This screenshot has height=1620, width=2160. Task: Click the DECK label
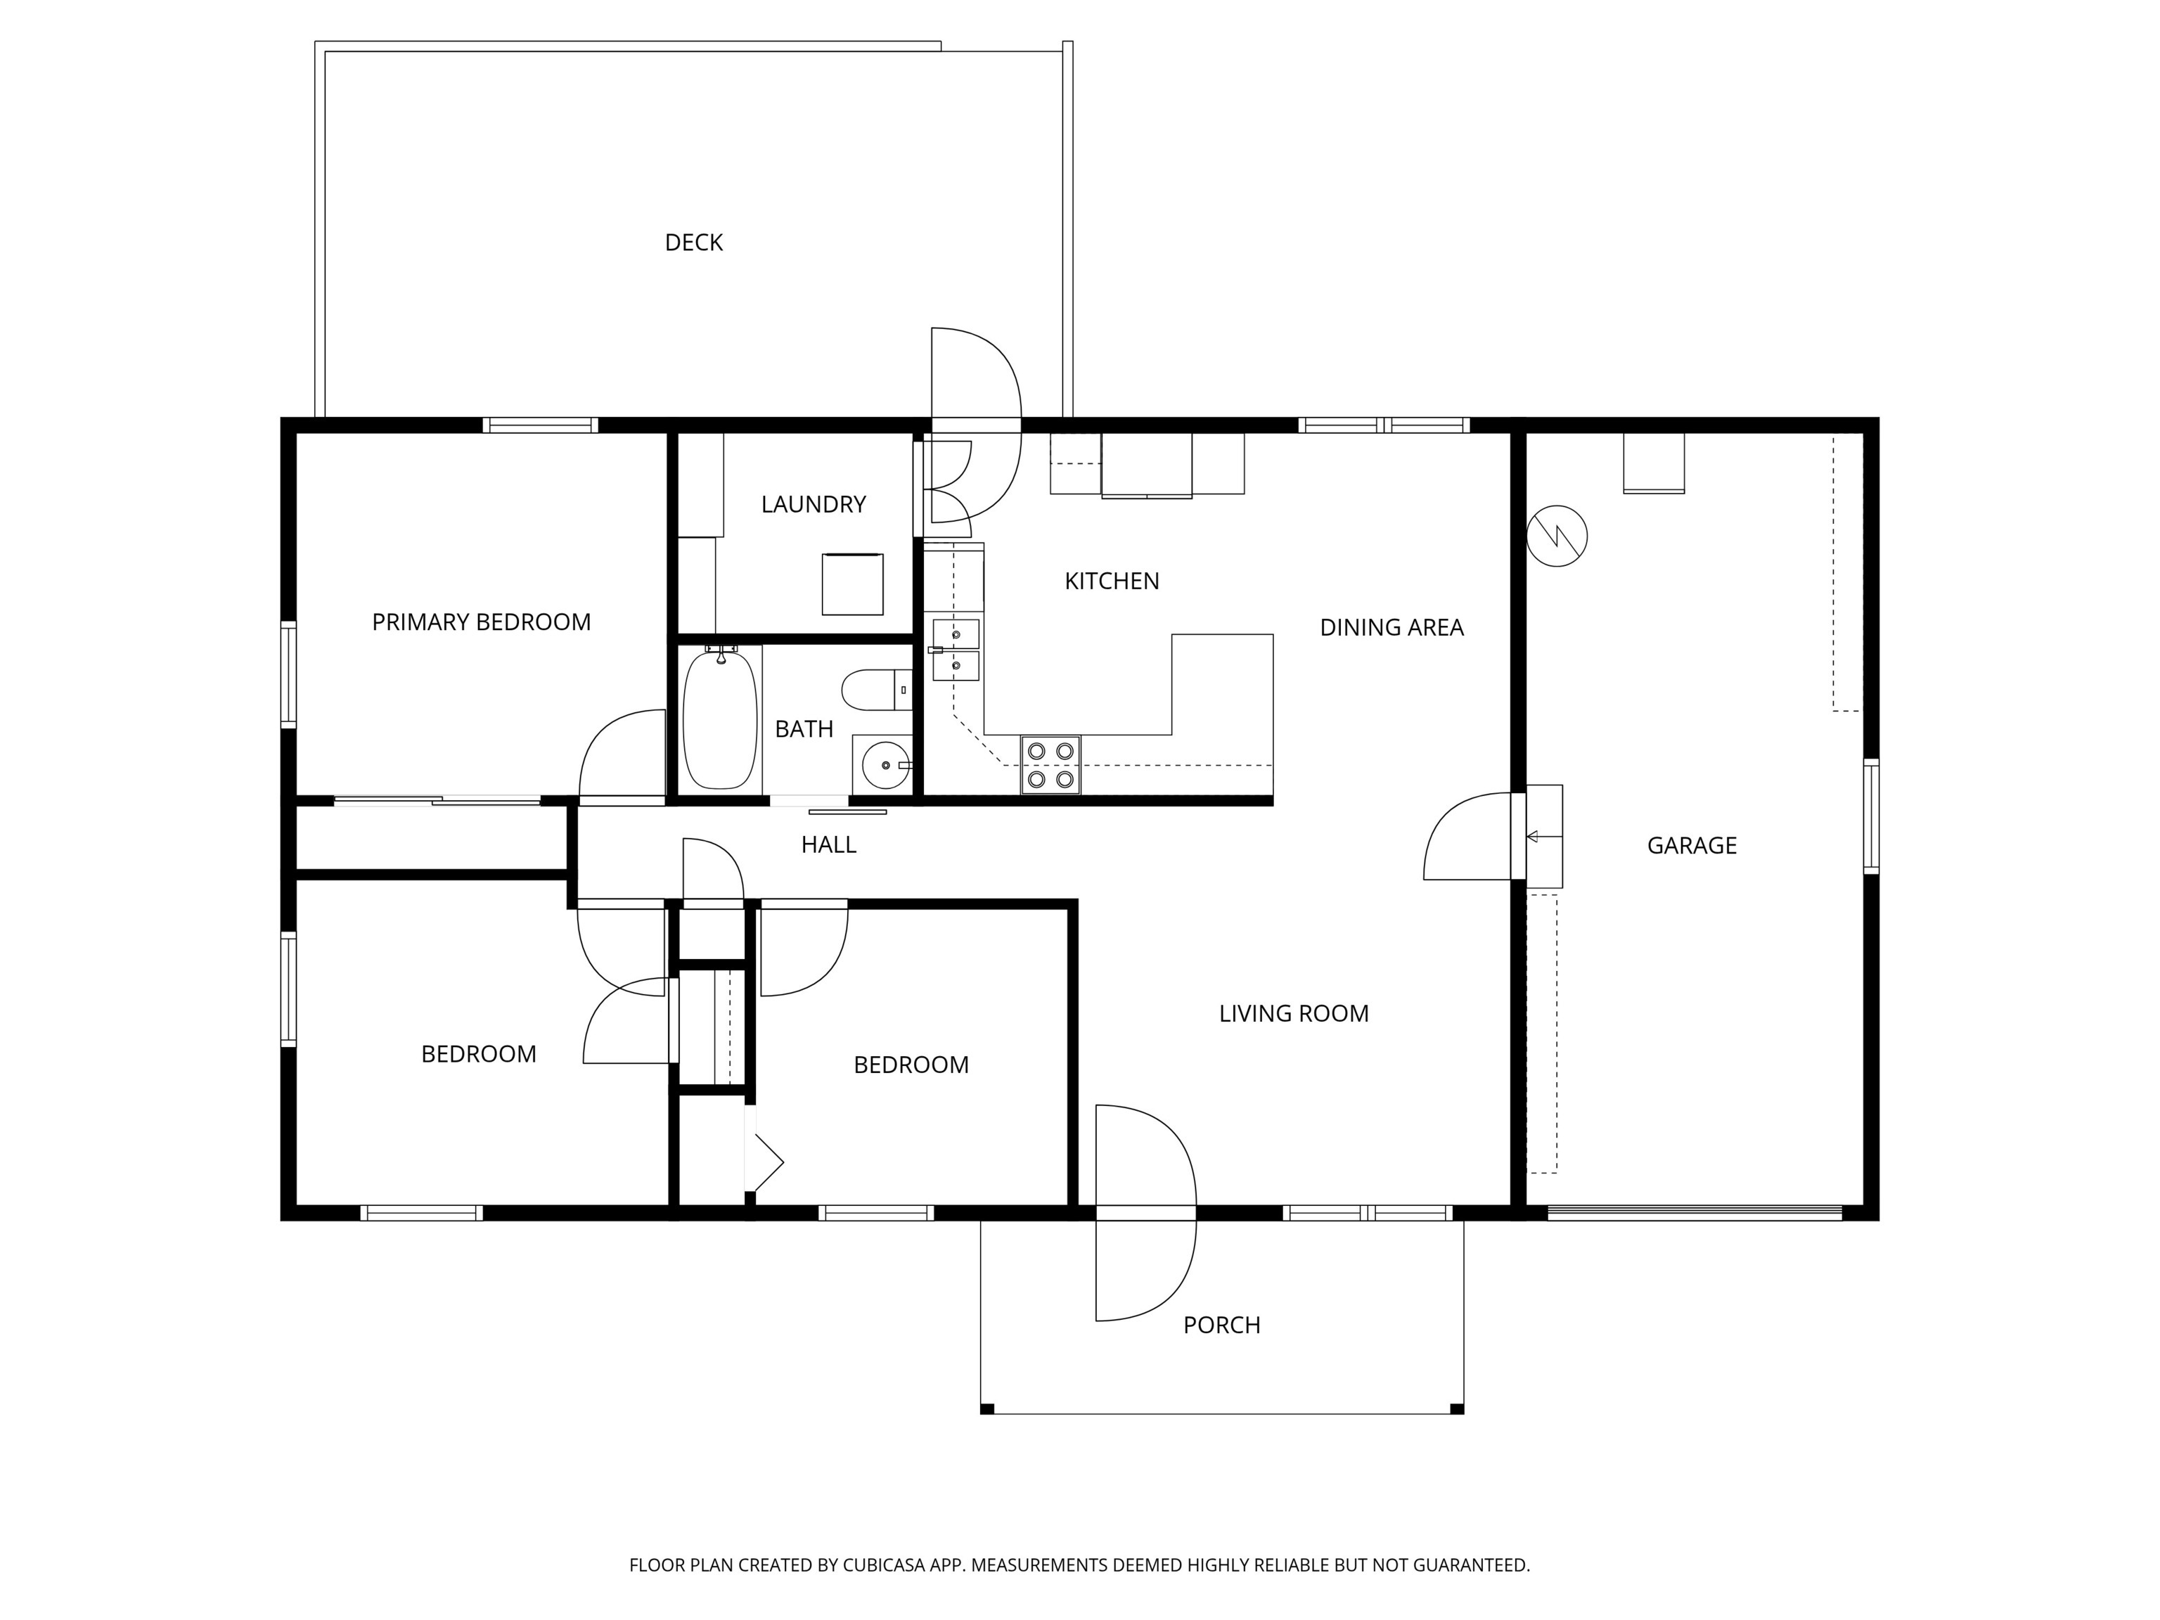693,242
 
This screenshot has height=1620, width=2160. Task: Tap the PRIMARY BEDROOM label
482,622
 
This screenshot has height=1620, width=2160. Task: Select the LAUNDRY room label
814,504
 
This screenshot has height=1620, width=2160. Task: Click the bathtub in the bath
721,720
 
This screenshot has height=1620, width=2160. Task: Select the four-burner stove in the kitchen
1050,764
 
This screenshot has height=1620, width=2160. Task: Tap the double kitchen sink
955,650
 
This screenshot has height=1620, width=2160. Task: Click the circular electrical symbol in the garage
1557,536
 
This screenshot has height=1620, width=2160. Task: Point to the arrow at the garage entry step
1533,836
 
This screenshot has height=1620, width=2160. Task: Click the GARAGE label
1691,846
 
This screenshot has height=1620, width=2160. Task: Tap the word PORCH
1221,1325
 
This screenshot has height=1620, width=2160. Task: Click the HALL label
828,844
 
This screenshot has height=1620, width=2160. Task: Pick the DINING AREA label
1391,628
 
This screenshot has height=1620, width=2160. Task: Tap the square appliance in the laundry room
851,584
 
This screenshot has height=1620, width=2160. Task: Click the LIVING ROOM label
1293,1014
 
